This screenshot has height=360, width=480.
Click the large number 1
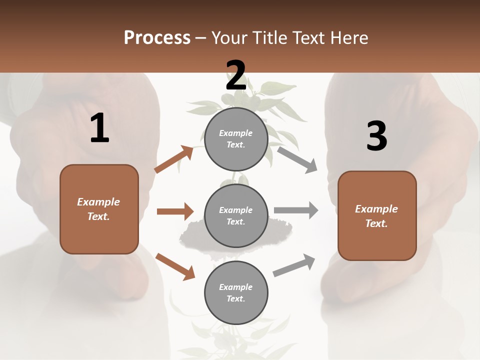pos(99,128)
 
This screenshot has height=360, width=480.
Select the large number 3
pos(376,136)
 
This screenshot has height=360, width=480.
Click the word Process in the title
pos(157,37)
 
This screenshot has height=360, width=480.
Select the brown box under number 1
pos(99,209)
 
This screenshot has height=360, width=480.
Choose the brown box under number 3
pos(377,215)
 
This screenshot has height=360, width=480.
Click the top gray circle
pos(236,139)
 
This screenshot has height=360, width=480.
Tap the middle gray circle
pos(236,215)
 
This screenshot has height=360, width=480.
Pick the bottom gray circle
pos(236,292)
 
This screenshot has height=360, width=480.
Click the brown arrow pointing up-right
pos(174,159)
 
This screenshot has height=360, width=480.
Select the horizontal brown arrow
pos(175,211)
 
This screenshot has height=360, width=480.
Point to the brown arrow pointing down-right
pos(175,266)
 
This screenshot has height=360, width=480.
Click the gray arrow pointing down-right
pos(297,159)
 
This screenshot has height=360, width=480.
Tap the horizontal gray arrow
pos(296,210)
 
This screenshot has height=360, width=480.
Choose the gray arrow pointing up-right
pos(294,265)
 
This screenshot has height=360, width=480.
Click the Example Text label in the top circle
pos(236,139)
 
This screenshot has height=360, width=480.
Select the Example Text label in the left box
pos(98,209)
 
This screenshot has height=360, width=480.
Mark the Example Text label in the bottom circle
pos(236,292)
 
